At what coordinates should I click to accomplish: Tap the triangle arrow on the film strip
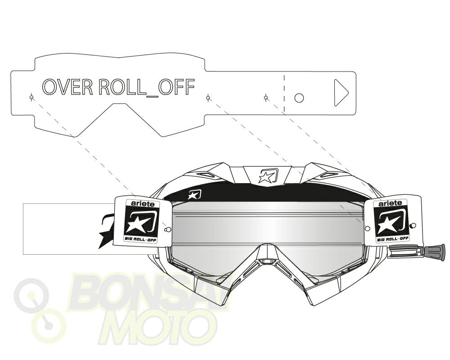pos(341,93)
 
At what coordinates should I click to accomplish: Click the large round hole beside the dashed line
pos(299,98)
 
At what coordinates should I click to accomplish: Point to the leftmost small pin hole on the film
pos(32,98)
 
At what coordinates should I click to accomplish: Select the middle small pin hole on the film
pos(208,98)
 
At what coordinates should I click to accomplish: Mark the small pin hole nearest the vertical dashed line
pos(266,98)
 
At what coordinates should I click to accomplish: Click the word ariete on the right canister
pos(390,203)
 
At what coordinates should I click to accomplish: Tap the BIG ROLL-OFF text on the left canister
pos(141,238)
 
